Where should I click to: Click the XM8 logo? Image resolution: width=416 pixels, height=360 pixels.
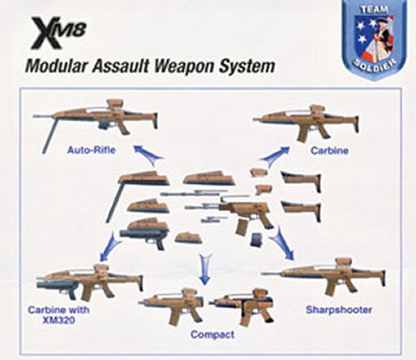(x=59, y=33)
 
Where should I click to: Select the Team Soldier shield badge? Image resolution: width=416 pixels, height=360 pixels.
(x=373, y=40)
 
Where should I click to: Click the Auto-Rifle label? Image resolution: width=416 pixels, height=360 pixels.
(x=91, y=150)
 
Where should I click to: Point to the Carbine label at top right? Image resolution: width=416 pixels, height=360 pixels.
(x=329, y=151)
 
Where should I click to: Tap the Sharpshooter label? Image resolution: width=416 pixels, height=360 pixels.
(x=339, y=310)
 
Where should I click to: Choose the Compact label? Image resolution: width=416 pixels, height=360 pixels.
(x=212, y=334)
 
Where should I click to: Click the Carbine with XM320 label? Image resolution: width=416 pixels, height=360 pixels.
(x=59, y=315)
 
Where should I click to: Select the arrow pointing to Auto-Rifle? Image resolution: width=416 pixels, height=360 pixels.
(x=147, y=153)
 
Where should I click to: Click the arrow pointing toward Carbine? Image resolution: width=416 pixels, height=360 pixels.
(x=274, y=153)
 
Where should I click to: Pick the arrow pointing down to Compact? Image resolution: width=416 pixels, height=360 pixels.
(x=204, y=269)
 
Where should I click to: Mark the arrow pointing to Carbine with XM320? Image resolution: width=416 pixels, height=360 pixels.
(x=110, y=247)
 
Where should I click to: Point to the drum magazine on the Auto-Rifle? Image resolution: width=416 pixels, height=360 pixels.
(x=104, y=124)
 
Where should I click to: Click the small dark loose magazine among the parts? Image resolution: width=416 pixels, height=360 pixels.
(x=256, y=239)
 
